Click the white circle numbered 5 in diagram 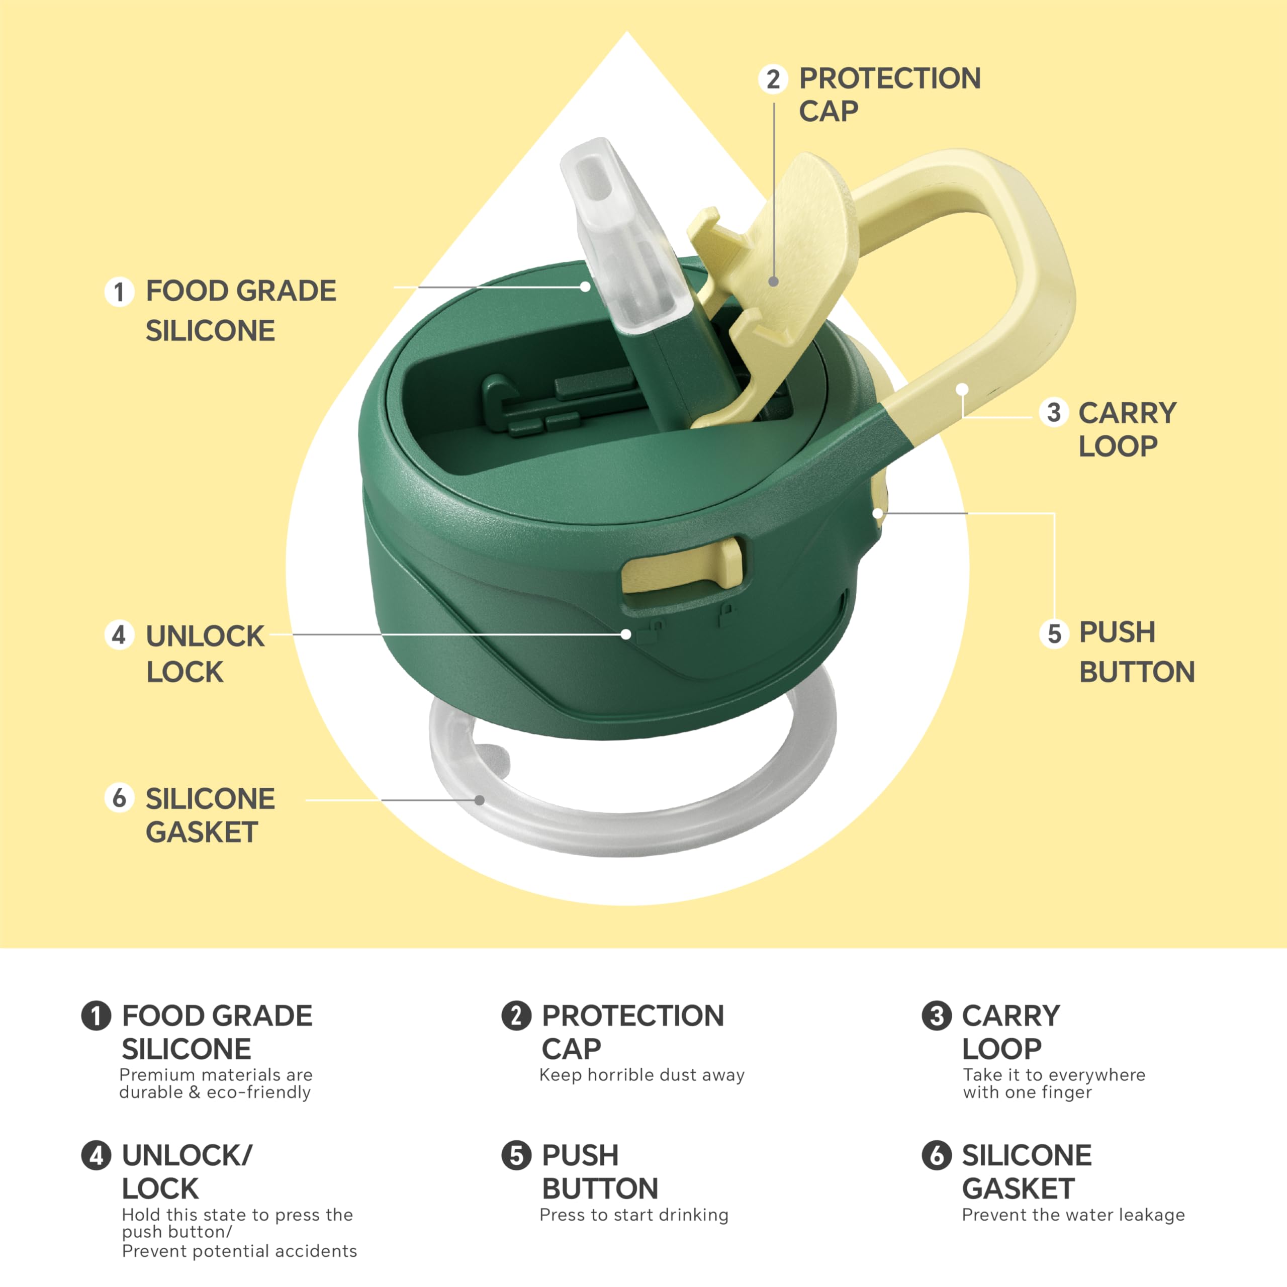1054,633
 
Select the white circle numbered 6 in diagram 119,797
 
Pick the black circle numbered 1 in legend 96,1016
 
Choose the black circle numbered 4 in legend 96,1155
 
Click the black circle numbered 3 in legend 937,1016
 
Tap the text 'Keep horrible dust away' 641,1075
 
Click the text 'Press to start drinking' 633,1215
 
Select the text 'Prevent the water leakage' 1073,1215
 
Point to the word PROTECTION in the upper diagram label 890,78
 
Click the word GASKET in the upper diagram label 202,832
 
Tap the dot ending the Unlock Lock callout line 625,634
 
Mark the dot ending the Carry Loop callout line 962,389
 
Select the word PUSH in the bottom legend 580,1155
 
